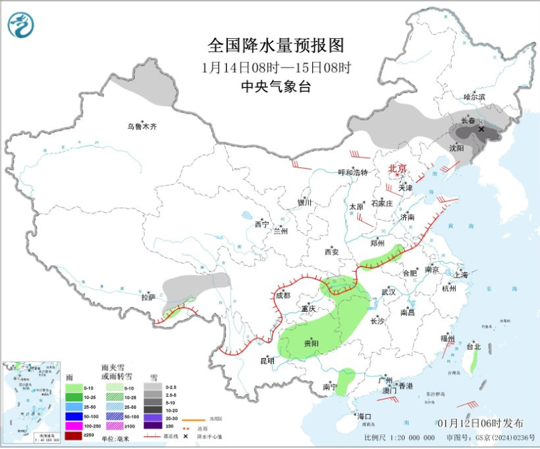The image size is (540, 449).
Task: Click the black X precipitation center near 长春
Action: point(480,128)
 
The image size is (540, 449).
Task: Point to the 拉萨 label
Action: point(148,296)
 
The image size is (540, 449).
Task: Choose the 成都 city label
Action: point(283,295)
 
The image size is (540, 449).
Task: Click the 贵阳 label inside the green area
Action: point(311,343)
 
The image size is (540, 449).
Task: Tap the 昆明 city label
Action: point(267,361)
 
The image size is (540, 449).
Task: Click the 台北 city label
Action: point(474,347)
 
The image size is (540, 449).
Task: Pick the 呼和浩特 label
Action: point(352,172)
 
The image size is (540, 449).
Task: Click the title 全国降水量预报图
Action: point(276,46)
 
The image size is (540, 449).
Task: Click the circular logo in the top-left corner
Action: point(21,25)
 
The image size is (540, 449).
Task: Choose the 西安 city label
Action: point(332,252)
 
